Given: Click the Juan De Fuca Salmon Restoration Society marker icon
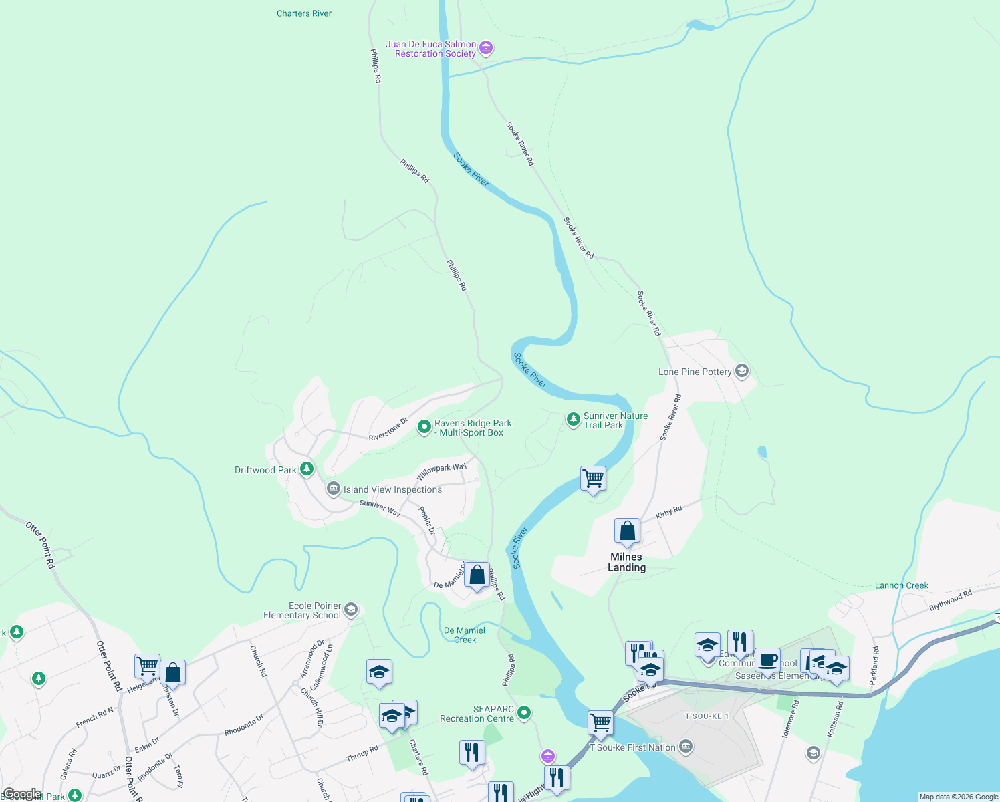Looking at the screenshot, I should (486, 48).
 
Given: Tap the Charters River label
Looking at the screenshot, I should (304, 13).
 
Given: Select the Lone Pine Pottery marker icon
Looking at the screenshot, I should (741, 371).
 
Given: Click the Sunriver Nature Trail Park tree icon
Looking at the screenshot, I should (573, 419).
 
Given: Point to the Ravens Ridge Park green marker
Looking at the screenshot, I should (424, 427).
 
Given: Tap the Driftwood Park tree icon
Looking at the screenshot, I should (307, 469).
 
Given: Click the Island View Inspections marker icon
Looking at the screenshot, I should (333, 489).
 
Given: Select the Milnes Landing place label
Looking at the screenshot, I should (626, 562).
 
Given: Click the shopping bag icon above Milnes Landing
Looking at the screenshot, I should (627, 531).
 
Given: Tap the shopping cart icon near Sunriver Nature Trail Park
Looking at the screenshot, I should (593, 479).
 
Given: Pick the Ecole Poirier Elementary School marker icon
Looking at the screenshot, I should (351, 610).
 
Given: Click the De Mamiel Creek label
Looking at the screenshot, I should (465, 635).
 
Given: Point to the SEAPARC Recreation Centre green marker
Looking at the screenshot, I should (524, 713).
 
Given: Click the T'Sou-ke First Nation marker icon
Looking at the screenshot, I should (685, 747).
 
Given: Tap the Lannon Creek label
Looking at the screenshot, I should (901, 585).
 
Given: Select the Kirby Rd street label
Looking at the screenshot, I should (668, 513).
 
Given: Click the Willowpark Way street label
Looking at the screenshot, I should (441, 471).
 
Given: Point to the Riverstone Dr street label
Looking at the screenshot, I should (388, 430).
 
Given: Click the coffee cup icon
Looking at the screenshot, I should (767, 660).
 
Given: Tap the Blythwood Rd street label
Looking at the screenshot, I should (951, 601).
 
